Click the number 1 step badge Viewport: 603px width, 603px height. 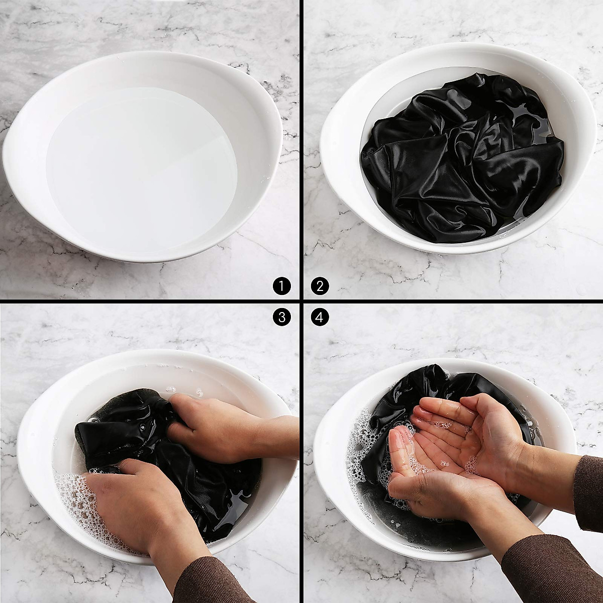pos(282,286)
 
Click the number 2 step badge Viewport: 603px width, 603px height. pos(320,286)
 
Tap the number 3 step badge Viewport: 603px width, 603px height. pos(282,317)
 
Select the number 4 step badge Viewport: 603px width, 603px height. pos(320,317)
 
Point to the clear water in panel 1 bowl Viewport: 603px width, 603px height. pos(141,166)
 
